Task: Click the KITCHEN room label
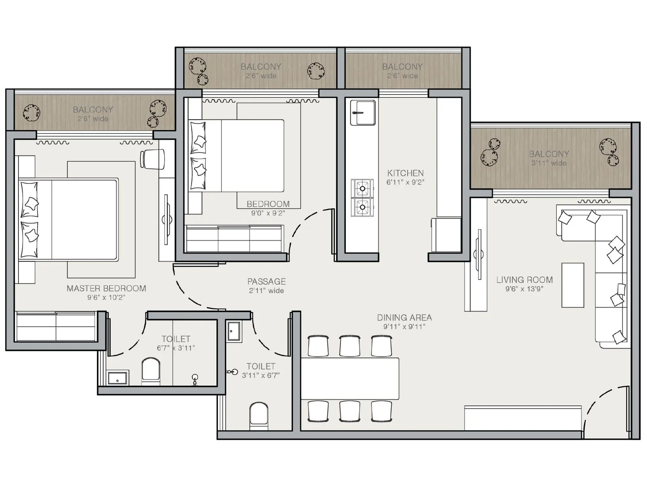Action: (x=405, y=173)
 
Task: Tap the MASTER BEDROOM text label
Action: (x=106, y=288)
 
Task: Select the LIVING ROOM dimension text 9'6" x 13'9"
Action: (x=524, y=289)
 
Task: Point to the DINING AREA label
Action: (x=404, y=318)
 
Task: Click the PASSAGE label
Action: (x=266, y=281)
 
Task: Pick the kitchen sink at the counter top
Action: (x=363, y=113)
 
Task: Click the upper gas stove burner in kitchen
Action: (x=362, y=188)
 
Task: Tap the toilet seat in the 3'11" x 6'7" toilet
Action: (x=259, y=414)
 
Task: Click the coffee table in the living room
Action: (x=573, y=285)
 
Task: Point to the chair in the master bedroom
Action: (x=152, y=159)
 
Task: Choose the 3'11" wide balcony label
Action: (x=549, y=158)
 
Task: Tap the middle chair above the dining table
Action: (x=350, y=346)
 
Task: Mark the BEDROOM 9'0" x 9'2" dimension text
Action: (x=268, y=213)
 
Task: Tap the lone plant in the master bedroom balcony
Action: (x=32, y=113)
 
